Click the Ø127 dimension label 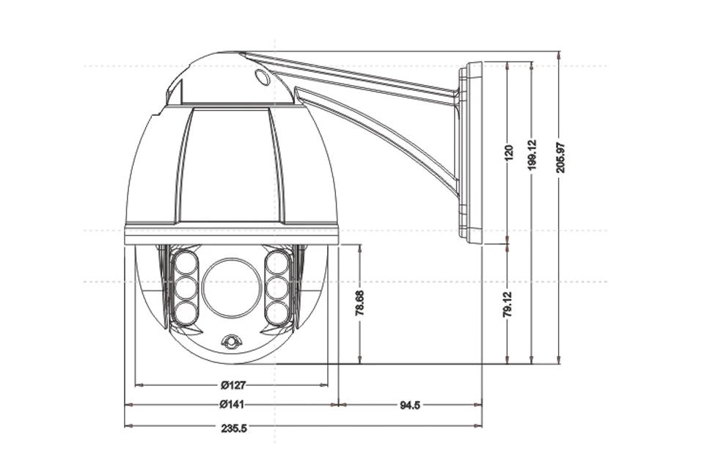pos(233,385)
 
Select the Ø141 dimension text pos(232,405)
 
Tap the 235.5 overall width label pos(234,428)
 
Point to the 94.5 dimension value pos(410,405)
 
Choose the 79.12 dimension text pos(507,304)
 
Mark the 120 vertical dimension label pos(508,153)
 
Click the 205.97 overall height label pos(560,158)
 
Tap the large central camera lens pos(232,288)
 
